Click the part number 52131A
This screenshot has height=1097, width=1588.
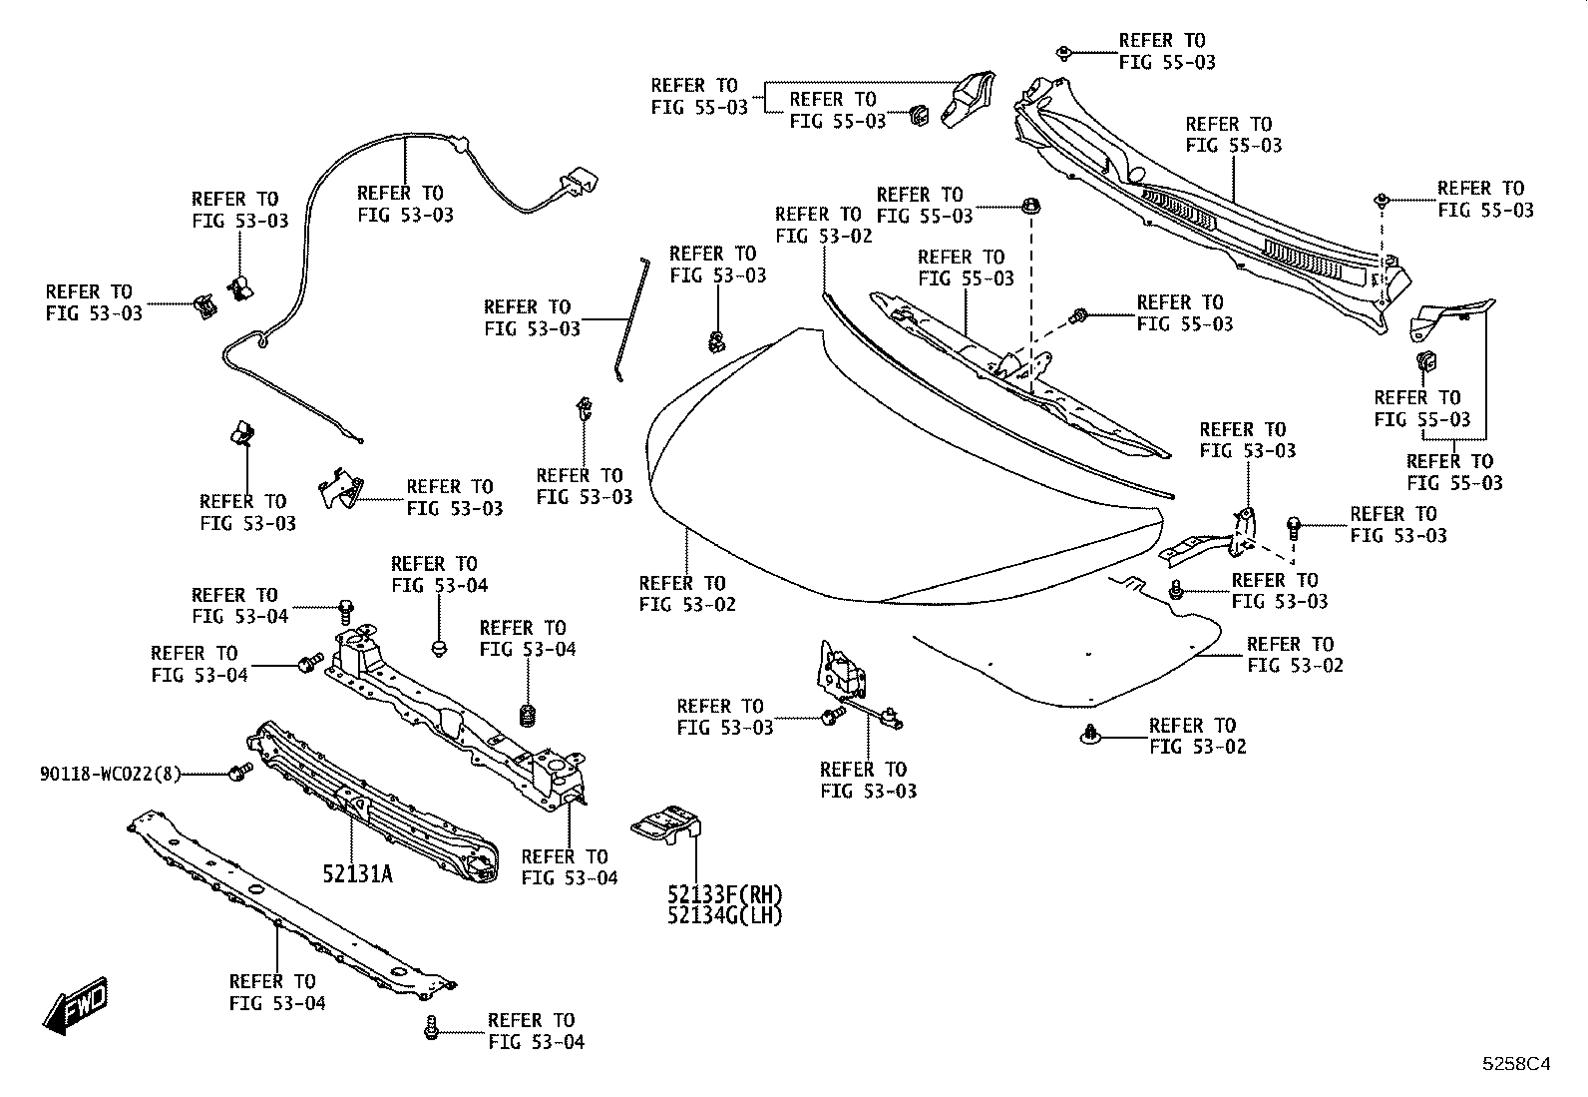point(357,873)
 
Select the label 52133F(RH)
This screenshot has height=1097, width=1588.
point(724,894)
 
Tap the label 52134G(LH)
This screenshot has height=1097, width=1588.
point(724,915)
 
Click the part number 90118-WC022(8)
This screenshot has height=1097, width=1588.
point(111,774)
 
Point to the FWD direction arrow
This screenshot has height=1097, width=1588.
point(76,1005)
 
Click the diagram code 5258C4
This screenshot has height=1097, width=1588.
point(1516,1064)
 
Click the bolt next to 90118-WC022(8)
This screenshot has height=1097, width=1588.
point(239,772)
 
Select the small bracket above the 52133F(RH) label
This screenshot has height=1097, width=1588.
point(665,825)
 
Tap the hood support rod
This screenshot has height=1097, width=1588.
point(631,319)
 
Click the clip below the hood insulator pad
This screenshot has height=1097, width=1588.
point(1090,735)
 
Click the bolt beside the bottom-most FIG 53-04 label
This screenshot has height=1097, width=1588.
point(431,1028)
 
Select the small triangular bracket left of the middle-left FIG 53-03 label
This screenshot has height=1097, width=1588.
point(341,488)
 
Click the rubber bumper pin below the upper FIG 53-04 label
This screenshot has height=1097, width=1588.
point(440,648)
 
